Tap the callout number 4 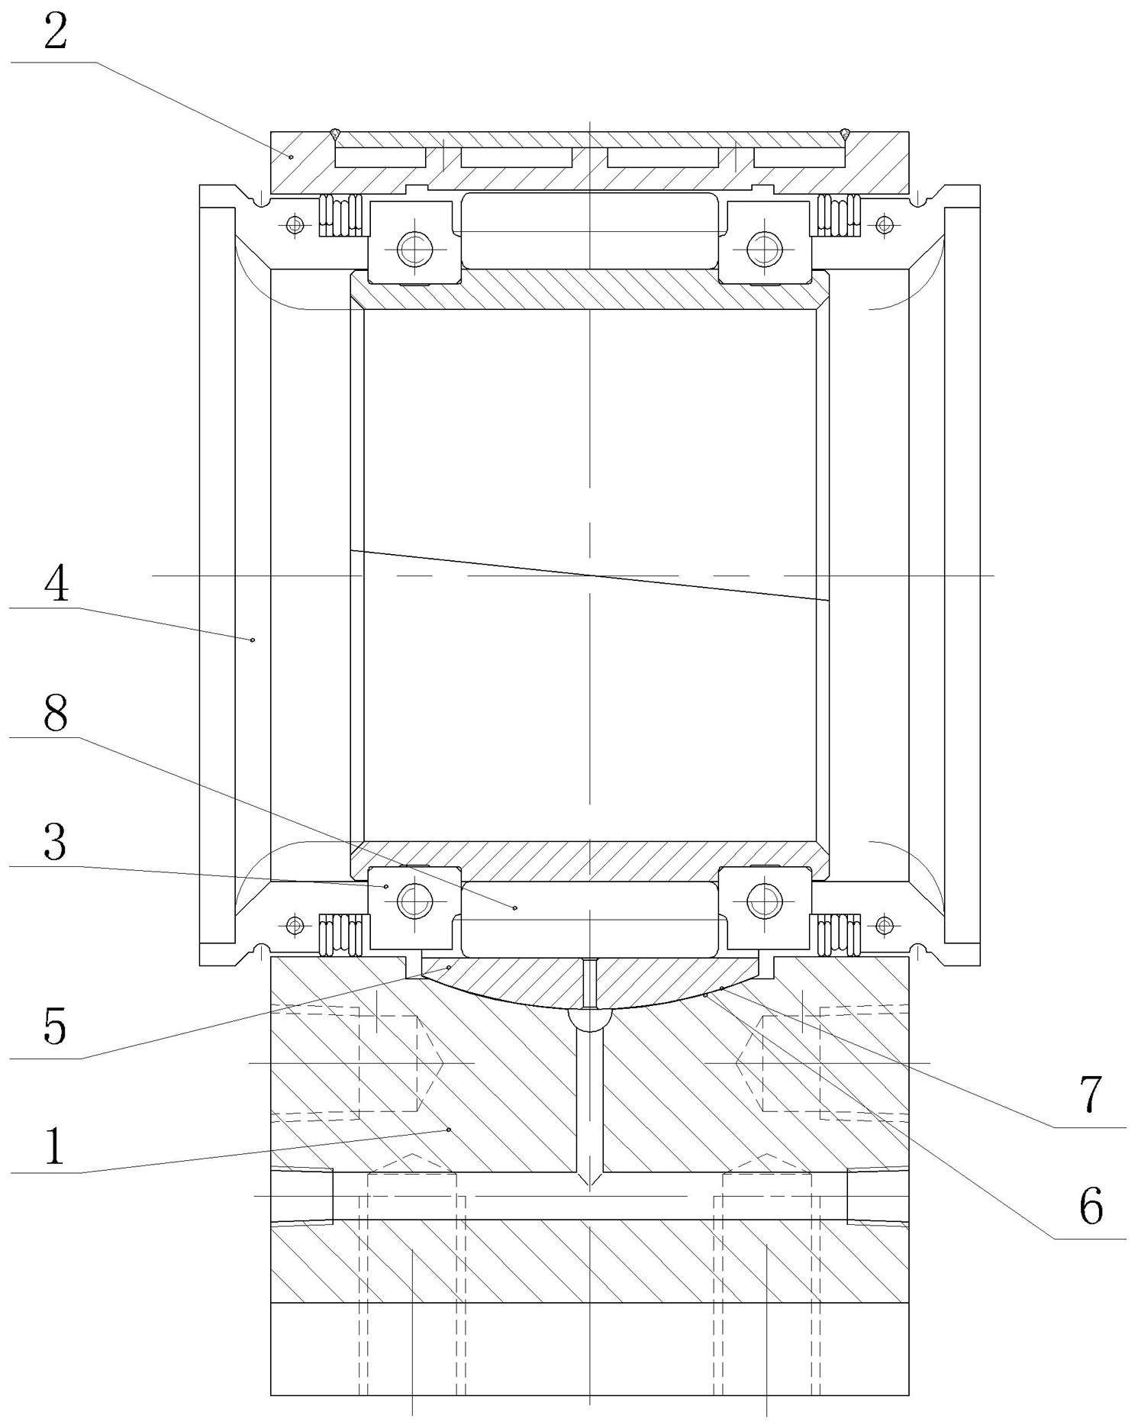[x=55, y=585]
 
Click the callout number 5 [x=55, y=1026]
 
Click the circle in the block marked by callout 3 [x=414, y=901]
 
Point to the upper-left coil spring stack [x=340, y=215]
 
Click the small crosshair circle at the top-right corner [x=885, y=224]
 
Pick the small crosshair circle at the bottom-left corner [x=295, y=926]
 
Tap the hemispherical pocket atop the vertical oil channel [x=589, y=1018]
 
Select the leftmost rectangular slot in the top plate [x=380, y=157]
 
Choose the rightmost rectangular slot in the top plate [x=799, y=157]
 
